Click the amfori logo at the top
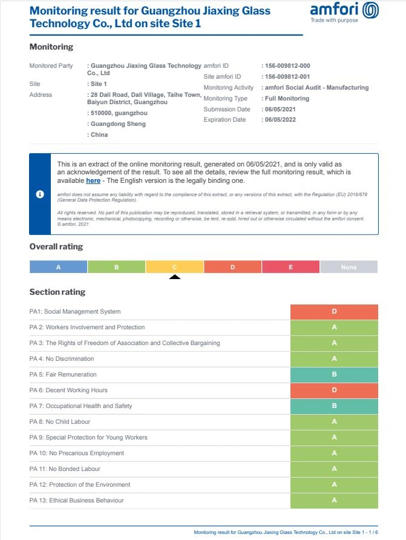(344, 12)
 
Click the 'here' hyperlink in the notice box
(93, 180)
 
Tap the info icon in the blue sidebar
(40, 194)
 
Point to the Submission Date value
(280, 110)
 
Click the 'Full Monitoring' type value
(286, 99)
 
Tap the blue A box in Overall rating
(59, 267)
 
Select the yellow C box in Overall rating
(175, 267)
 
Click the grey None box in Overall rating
(349, 267)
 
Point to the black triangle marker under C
(175, 277)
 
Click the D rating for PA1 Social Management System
(334, 312)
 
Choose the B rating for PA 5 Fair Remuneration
(334, 375)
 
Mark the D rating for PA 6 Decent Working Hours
(334, 390)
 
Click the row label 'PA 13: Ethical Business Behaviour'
(76, 501)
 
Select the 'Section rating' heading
(57, 292)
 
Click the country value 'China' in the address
(98, 135)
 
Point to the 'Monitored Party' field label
(51, 66)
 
